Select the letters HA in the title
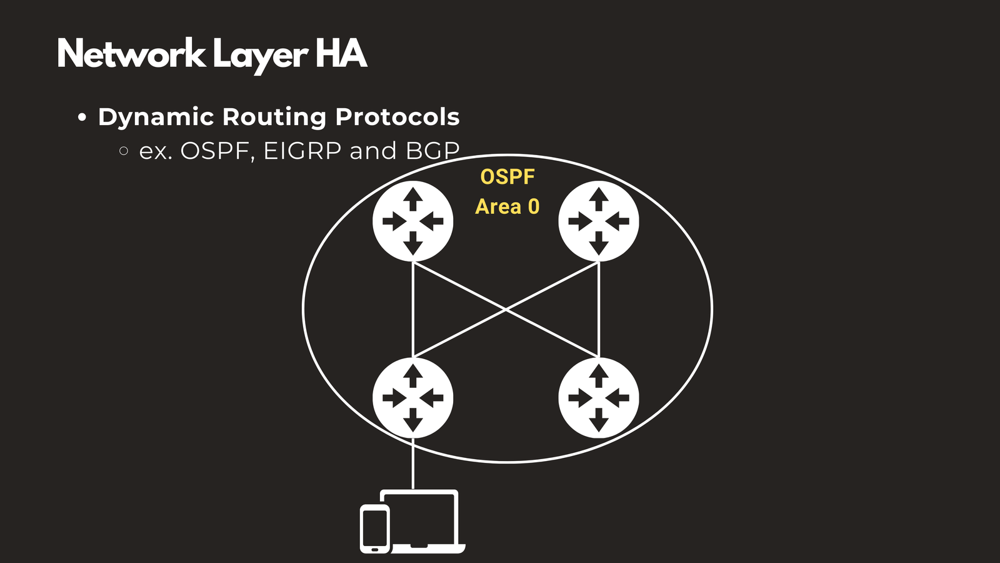(x=341, y=54)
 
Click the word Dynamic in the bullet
(x=156, y=117)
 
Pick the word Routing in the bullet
(x=274, y=118)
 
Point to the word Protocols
(x=397, y=117)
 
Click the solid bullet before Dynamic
(x=82, y=118)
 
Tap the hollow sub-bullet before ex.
(x=124, y=151)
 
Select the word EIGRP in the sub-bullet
(x=302, y=151)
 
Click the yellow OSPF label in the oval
(x=507, y=177)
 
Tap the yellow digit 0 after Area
(x=534, y=206)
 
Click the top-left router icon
(x=412, y=221)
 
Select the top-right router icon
(x=599, y=221)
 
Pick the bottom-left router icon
(x=412, y=398)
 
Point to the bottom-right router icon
(x=599, y=398)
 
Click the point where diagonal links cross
(x=506, y=309)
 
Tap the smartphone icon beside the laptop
(x=375, y=529)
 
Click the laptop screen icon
(x=420, y=519)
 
